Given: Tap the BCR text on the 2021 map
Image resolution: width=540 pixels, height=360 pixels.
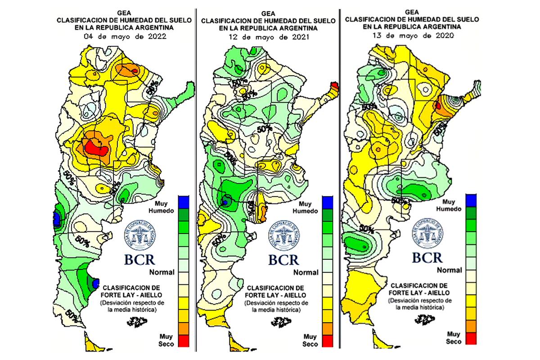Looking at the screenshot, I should pyautogui.click(x=283, y=260).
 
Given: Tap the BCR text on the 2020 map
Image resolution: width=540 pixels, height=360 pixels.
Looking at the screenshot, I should pyautogui.click(x=427, y=257).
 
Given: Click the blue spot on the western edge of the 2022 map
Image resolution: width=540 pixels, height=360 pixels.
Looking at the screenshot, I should pyautogui.click(x=56, y=219).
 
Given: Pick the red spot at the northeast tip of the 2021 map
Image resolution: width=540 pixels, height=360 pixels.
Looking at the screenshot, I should pyautogui.click(x=335, y=85).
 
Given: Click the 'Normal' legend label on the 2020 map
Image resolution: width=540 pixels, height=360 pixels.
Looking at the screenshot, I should pyautogui.click(x=449, y=270).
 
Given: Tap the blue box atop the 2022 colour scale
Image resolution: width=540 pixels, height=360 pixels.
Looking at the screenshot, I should pyautogui.click(x=183, y=202).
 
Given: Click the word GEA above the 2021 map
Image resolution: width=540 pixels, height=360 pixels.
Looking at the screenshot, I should pyautogui.click(x=266, y=14).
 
